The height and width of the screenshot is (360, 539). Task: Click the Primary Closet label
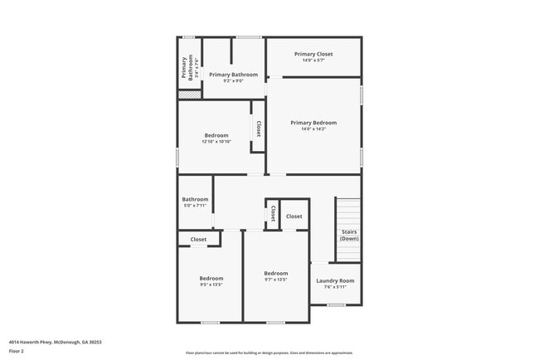click(x=313, y=54)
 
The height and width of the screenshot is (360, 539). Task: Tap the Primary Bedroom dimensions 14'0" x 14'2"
click(x=313, y=129)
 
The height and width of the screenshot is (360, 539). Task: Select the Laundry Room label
click(x=335, y=280)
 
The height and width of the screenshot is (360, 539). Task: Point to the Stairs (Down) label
click(x=348, y=235)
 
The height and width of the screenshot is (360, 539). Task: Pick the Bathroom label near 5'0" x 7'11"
click(x=195, y=198)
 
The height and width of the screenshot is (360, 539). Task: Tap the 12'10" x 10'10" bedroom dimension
click(x=216, y=142)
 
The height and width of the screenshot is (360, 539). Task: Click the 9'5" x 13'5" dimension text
click(x=211, y=285)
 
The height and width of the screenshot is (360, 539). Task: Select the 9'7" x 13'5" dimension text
click(x=275, y=280)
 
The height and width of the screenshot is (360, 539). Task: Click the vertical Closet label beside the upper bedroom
click(x=259, y=129)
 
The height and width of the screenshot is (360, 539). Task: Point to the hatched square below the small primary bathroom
click(x=190, y=95)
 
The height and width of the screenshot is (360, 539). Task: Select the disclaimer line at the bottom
click(x=269, y=353)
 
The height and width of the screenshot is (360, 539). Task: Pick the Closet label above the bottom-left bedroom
click(x=198, y=240)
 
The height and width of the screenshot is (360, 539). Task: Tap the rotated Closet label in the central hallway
click(x=271, y=214)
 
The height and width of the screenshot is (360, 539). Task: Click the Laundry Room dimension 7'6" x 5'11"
click(x=335, y=287)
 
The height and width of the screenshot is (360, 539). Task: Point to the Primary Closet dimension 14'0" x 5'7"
click(x=313, y=61)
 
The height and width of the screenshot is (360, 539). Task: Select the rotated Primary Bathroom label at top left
click(x=190, y=66)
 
